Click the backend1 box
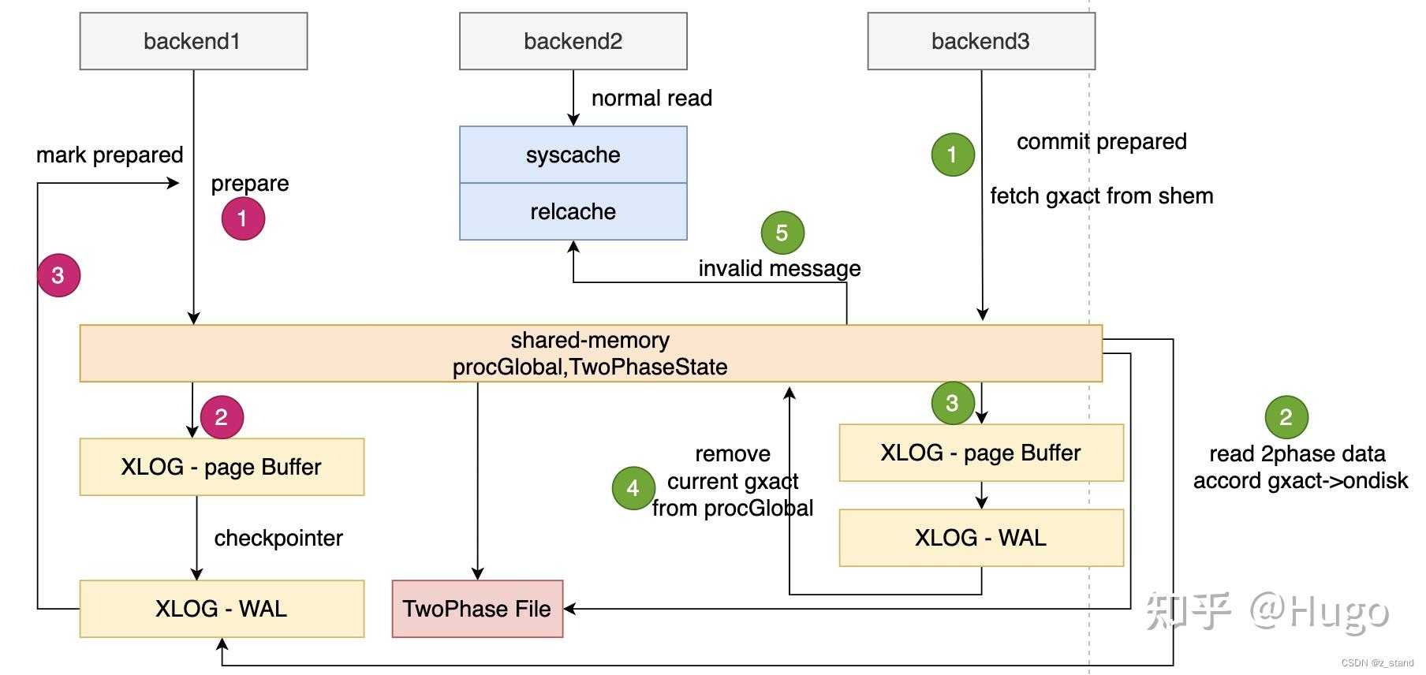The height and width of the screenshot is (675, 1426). click(193, 41)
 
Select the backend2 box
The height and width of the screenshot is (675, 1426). click(573, 41)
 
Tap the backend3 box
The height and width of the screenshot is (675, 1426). click(980, 41)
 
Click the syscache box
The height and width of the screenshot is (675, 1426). click(573, 155)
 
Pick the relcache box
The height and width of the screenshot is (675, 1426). click(573, 211)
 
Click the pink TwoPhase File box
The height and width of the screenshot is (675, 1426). click(477, 609)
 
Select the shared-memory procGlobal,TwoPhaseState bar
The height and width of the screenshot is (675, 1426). click(590, 353)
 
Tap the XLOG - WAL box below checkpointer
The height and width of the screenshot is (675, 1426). click(221, 609)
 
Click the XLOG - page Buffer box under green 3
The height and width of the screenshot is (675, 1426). click(980, 453)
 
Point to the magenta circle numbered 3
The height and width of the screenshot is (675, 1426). click(58, 275)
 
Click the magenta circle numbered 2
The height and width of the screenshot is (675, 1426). click(222, 417)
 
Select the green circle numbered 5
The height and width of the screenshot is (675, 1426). click(782, 233)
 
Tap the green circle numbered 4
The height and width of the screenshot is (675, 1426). click(633, 488)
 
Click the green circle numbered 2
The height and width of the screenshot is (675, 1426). click(1286, 417)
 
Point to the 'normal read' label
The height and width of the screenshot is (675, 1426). click(651, 98)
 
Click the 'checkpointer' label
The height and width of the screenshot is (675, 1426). click(278, 538)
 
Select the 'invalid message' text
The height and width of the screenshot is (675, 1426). click(779, 268)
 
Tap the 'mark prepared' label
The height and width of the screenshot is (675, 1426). click(110, 155)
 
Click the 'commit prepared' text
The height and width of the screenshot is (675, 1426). click(1101, 141)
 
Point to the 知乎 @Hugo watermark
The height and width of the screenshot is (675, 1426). click(1267, 611)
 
